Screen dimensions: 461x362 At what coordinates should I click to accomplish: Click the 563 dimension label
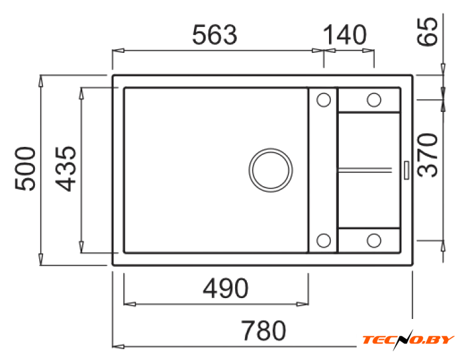(x=214, y=35)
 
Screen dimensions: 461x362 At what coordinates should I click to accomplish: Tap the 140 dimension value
(x=345, y=35)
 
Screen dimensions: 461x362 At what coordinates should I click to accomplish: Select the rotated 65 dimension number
(x=427, y=31)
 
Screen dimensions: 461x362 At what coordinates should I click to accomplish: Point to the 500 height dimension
(x=25, y=168)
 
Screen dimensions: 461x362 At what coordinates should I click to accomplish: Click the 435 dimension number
(x=65, y=168)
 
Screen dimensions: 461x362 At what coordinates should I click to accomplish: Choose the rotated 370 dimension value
(x=427, y=155)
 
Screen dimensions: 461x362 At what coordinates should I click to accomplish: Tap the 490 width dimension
(x=225, y=288)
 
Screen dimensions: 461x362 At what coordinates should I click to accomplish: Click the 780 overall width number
(x=263, y=331)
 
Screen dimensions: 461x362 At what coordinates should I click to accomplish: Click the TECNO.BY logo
(x=409, y=340)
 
